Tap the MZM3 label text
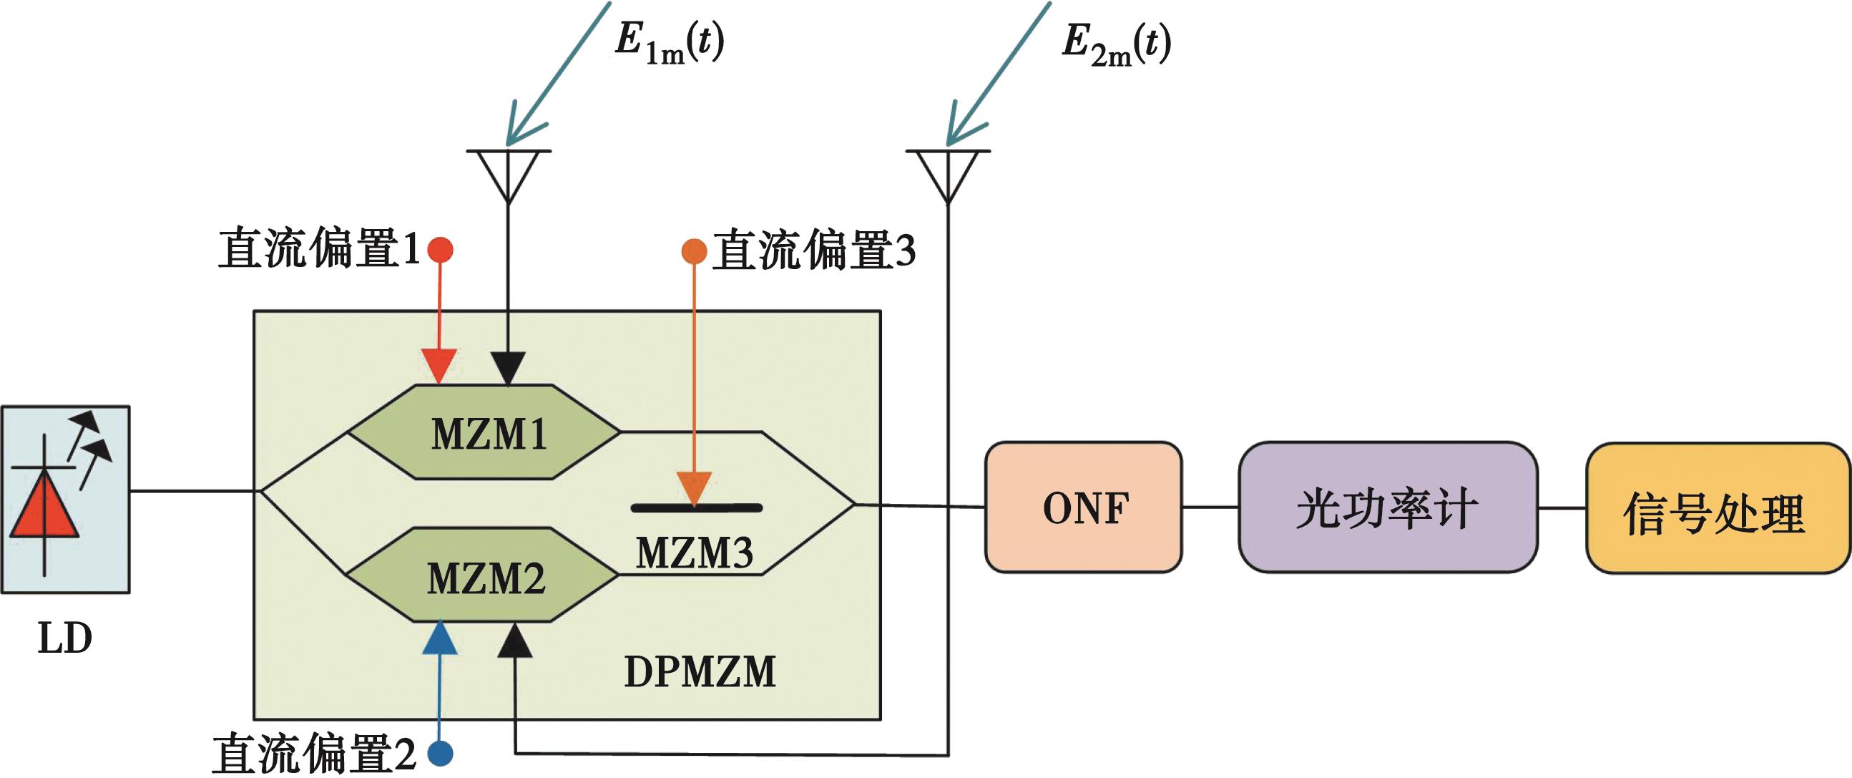click(695, 553)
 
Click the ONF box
click(1084, 507)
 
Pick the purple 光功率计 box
click(1388, 507)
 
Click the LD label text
click(64, 638)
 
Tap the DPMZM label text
click(700, 671)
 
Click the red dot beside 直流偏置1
click(440, 250)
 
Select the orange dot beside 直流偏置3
click(694, 251)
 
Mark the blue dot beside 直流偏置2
click(440, 754)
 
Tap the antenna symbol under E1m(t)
click(509, 172)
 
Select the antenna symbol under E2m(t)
click(949, 172)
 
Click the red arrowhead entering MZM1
click(439, 365)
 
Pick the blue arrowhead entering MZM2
click(439, 638)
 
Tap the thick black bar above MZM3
click(696, 508)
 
